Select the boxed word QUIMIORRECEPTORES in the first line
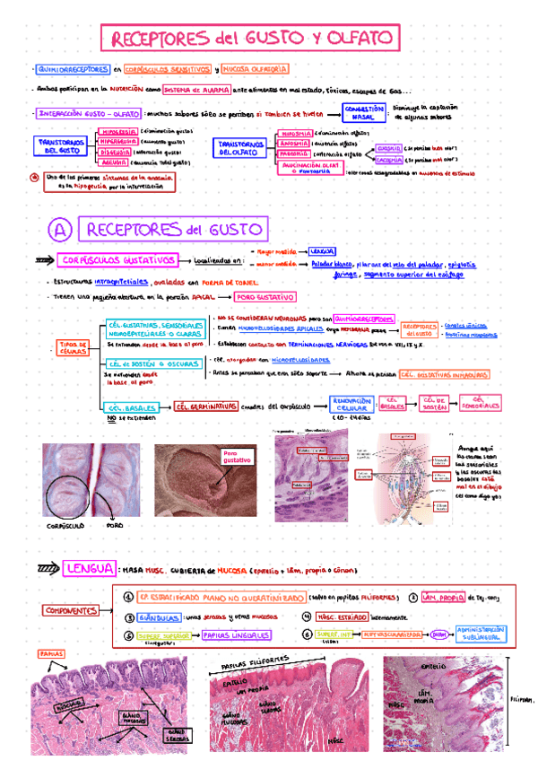pyautogui.click(x=72, y=69)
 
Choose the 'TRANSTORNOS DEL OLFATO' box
pyautogui.click(x=239, y=147)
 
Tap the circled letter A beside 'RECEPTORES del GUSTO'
pyautogui.click(x=58, y=231)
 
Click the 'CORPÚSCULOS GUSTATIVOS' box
pyautogui.click(x=118, y=260)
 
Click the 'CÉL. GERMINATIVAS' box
pyautogui.click(x=205, y=406)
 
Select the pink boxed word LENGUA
pyautogui.click(x=89, y=568)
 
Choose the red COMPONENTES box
pyautogui.click(x=74, y=610)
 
